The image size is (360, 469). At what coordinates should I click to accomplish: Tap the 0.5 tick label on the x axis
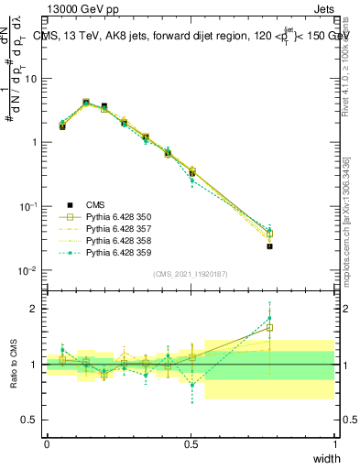coord(191,444)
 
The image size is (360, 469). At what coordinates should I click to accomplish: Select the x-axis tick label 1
coord(335,444)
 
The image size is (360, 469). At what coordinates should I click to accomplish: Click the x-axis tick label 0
coord(47,444)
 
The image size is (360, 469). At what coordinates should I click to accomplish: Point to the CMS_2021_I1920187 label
coord(191,274)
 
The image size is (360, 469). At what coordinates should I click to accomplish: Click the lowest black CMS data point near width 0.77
coord(269,246)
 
